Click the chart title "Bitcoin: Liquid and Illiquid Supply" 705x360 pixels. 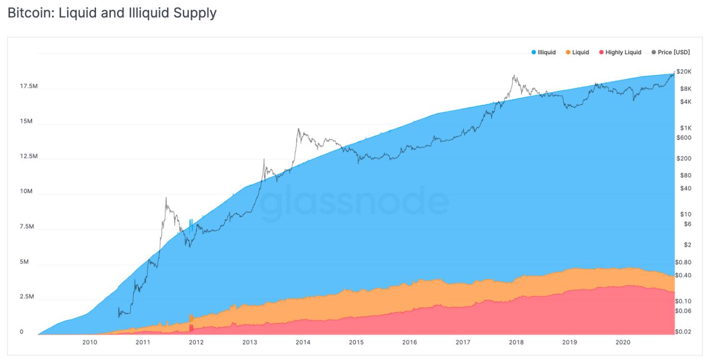112,13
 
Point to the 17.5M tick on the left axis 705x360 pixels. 29,86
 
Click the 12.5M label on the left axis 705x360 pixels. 29,156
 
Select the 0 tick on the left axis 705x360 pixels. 21,332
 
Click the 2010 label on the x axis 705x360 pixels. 90,342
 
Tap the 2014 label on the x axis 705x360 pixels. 303,342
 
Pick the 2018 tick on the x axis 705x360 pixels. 516,342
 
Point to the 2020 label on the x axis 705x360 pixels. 623,342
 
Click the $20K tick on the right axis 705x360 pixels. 684,72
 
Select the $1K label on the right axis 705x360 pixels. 685,128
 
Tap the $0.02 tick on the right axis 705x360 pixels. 683,332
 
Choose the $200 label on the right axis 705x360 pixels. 684,158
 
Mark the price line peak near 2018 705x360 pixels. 513,75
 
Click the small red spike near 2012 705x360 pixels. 191,328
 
